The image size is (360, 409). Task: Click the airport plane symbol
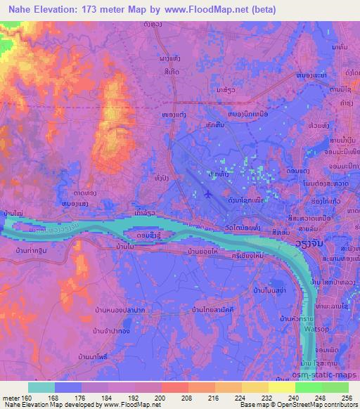207,193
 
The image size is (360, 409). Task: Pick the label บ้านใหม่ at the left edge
12,212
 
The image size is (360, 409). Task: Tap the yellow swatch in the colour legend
281,387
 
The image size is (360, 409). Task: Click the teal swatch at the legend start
41,387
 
